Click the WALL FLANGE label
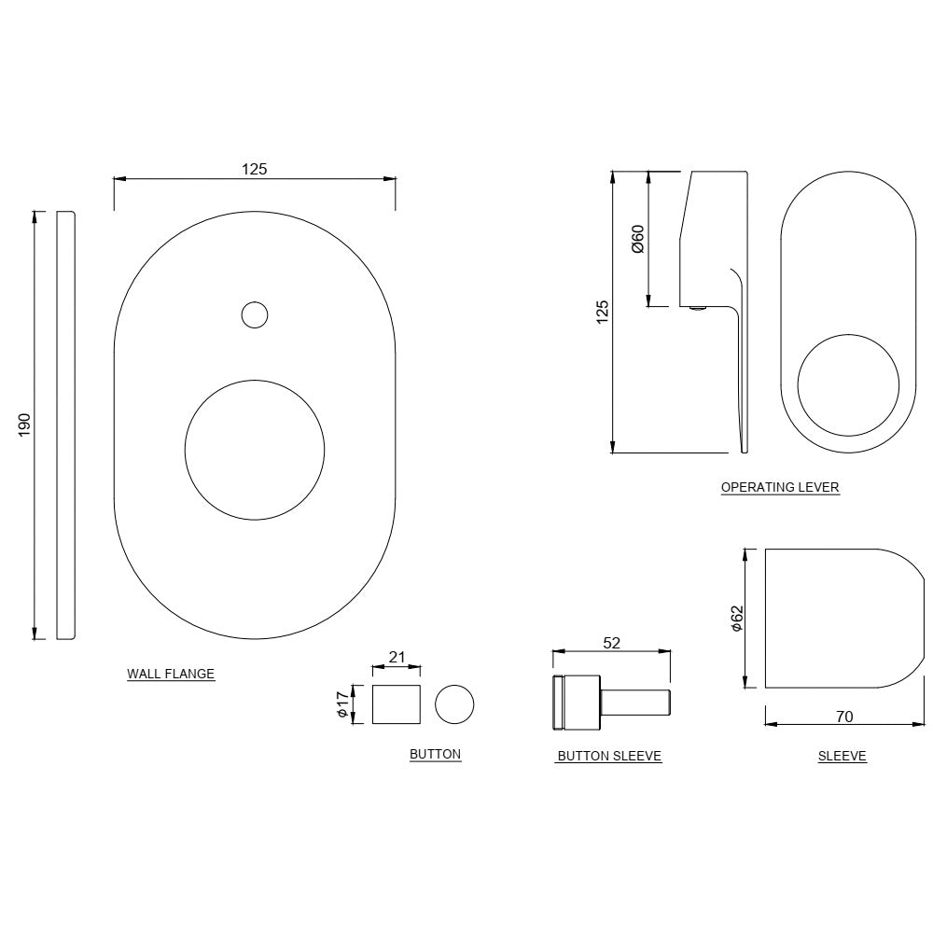[171, 674]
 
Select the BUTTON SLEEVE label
[609, 757]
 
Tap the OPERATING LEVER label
[780, 487]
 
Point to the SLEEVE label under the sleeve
[842, 757]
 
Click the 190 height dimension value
[25, 425]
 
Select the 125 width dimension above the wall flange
[255, 169]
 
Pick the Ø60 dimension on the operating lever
[637, 239]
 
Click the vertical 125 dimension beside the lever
[603, 312]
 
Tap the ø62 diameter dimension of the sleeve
[736, 619]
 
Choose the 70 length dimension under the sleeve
[844, 717]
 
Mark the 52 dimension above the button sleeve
[612, 643]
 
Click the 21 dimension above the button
[397, 657]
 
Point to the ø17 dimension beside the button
[343, 703]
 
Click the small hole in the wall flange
[254, 315]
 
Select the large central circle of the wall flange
[255, 449]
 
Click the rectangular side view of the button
[397, 703]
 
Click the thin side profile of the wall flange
[65, 425]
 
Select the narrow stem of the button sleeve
[636, 703]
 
